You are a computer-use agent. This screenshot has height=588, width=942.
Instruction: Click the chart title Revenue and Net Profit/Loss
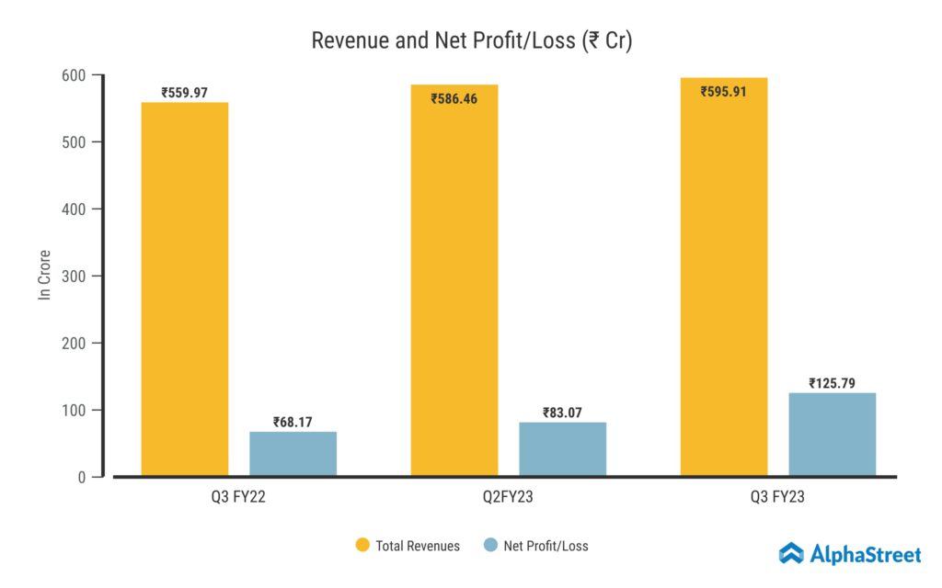coord(471,41)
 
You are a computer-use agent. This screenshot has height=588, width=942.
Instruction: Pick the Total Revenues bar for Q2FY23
coord(454,285)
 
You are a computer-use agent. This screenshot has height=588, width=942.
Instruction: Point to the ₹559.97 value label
coord(184,92)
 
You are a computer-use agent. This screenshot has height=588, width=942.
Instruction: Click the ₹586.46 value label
coord(454,98)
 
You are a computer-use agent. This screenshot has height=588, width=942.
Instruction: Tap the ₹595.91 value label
coord(724,92)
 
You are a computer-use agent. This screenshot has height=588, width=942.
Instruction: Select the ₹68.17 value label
coord(293,422)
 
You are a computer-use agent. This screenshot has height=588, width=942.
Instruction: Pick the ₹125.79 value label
coord(832,383)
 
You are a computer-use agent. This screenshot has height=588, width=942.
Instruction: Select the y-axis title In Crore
coord(43,275)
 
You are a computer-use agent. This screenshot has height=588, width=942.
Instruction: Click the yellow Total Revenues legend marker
coord(362,546)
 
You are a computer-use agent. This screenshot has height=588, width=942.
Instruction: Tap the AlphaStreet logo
coord(849,553)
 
